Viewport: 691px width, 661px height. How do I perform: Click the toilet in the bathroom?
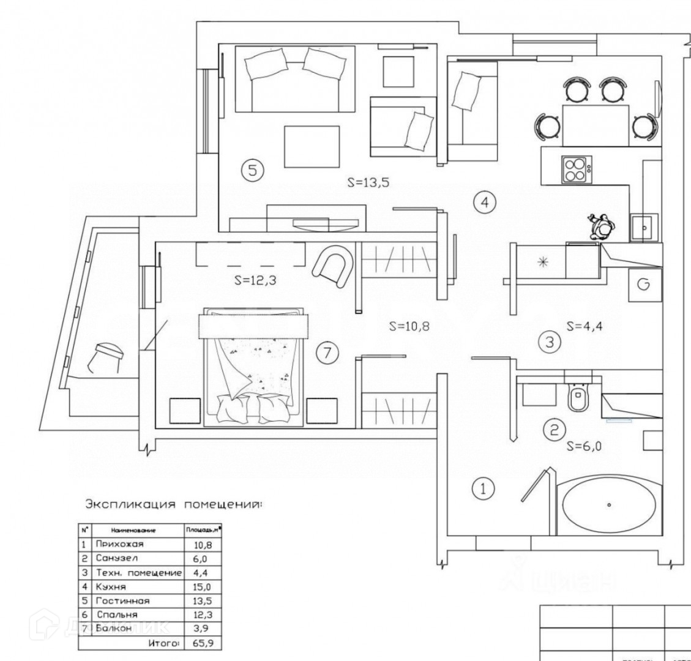[x=578, y=397]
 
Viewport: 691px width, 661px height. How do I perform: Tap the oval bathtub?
[x=609, y=506]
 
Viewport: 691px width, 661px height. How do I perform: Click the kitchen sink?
[x=644, y=227]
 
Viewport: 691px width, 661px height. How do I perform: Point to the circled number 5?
[x=252, y=170]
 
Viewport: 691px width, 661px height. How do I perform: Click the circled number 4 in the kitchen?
[x=485, y=202]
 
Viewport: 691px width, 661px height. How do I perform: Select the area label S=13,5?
[x=368, y=182]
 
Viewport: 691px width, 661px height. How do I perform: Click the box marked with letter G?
[x=644, y=285]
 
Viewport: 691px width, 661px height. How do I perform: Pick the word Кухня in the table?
[x=110, y=586]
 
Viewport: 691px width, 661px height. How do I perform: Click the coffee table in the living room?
[x=312, y=147]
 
